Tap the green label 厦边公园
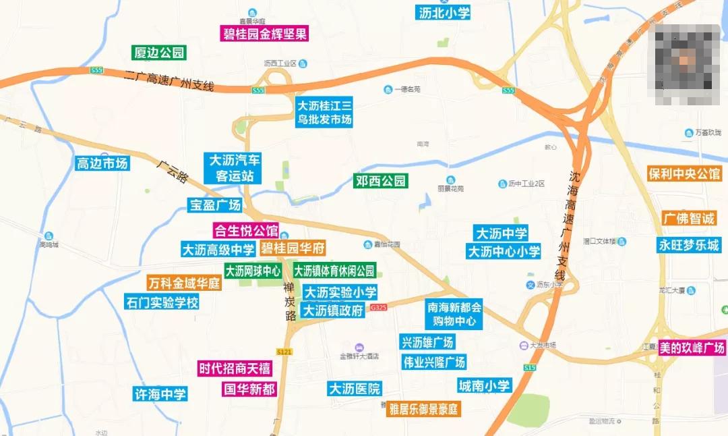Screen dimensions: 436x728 (159, 53)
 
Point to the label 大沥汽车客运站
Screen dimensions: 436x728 (234, 168)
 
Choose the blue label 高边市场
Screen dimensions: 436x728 (102, 163)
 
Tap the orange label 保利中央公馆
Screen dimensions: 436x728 (684, 173)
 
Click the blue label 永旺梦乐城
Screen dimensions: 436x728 (689, 245)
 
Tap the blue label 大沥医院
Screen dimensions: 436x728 (355, 389)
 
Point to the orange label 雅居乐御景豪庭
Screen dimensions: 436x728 (423, 409)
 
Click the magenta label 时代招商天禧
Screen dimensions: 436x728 (235, 369)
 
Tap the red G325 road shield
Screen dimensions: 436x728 (379, 307)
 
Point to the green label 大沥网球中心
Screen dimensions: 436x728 (253, 271)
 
